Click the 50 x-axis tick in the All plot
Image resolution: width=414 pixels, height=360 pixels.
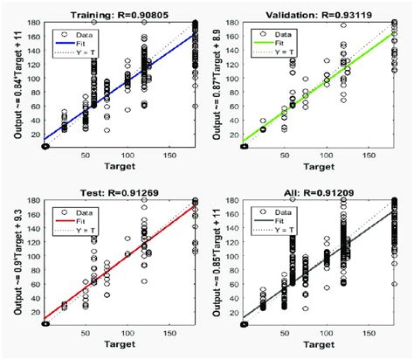coord(283,336)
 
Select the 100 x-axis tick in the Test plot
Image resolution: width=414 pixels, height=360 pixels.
coord(105,336)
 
